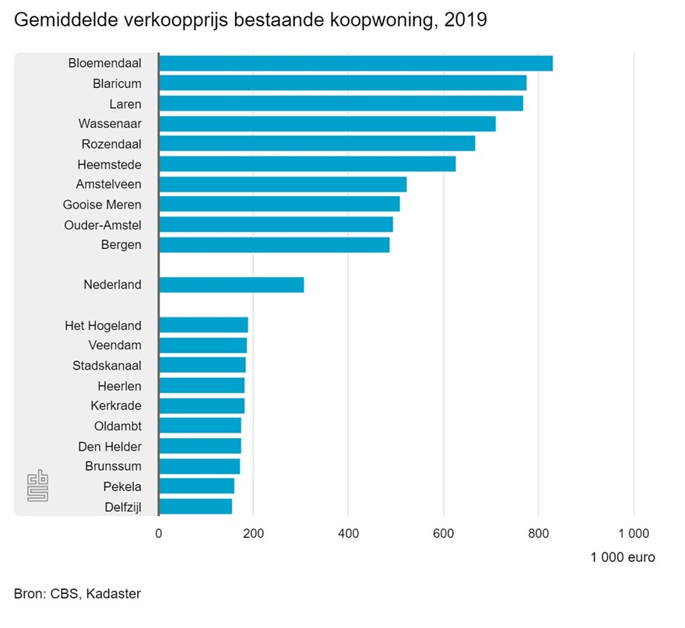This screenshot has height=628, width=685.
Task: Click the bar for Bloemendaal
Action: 356,63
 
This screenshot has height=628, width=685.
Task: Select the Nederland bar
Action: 231,285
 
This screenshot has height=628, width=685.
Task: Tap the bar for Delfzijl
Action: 195,507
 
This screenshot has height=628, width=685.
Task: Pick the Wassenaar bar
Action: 327,124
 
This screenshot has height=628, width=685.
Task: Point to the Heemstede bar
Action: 307,164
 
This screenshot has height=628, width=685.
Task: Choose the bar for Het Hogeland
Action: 203,325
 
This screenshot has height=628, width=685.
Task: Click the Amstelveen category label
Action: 109,184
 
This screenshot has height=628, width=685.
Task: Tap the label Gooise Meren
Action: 102,205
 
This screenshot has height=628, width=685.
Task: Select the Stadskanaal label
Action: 107,366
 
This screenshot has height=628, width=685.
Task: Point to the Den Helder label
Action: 110,447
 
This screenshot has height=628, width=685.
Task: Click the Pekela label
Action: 122,487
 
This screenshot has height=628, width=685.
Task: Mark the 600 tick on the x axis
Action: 444,534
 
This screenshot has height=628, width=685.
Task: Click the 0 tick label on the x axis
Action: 159,534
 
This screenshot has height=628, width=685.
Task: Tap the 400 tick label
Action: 348,534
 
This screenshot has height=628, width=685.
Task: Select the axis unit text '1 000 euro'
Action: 623,557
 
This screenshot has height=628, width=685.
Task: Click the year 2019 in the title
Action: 465,20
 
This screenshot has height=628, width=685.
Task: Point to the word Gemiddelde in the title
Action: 62,20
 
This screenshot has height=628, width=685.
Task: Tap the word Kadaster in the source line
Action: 115,594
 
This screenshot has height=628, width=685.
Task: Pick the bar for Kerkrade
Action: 202,406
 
